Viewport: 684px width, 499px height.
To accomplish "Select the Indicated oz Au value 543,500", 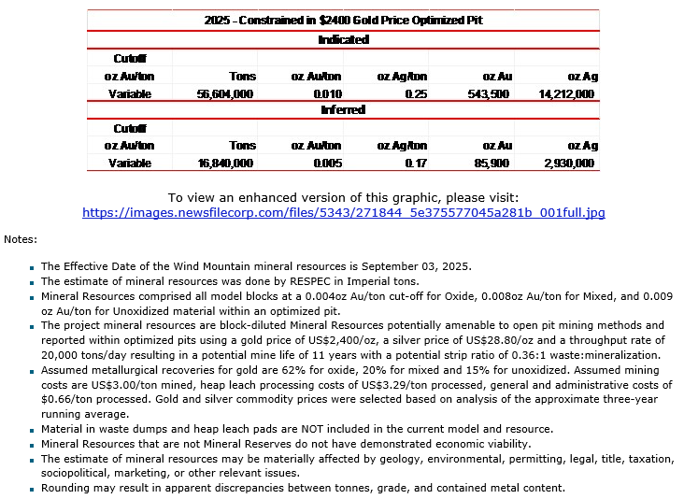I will pyautogui.click(x=488, y=94).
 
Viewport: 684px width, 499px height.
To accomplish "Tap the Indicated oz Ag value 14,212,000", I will pyautogui.click(x=566, y=94).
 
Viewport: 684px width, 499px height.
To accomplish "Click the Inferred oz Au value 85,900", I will pyautogui.click(x=492, y=164).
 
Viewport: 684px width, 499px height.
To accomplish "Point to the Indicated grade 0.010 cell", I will pyautogui.click(x=328, y=94).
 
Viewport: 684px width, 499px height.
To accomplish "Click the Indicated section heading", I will pyautogui.click(x=343, y=40).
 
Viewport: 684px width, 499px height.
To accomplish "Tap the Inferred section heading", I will pyautogui.click(x=343, y=110).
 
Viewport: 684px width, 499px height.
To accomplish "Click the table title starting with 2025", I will pyautogui.click(x=343, y=20).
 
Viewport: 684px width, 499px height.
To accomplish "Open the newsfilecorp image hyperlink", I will pyautogui.click(x=343, y=213).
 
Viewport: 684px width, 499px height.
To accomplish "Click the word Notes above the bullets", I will pyautogui.click(x=20, y=239).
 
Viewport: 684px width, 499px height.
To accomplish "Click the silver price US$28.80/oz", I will pyautogui.click(x=479, y=341).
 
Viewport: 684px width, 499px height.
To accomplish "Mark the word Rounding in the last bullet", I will pyautogui.click(x=66, y=488).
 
